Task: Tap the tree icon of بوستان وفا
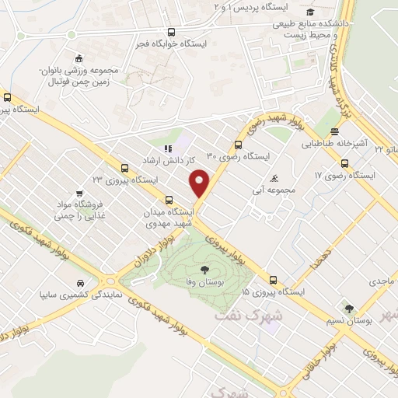coord(204,271)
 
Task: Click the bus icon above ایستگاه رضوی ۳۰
coord(238,144)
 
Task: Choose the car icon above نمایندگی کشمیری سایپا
coord(80,283)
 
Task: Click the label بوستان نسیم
coord(349,320)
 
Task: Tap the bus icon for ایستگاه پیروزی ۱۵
coord(273,281)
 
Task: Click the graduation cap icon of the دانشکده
coord(310,12)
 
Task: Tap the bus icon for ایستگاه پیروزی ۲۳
coord(124,168)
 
